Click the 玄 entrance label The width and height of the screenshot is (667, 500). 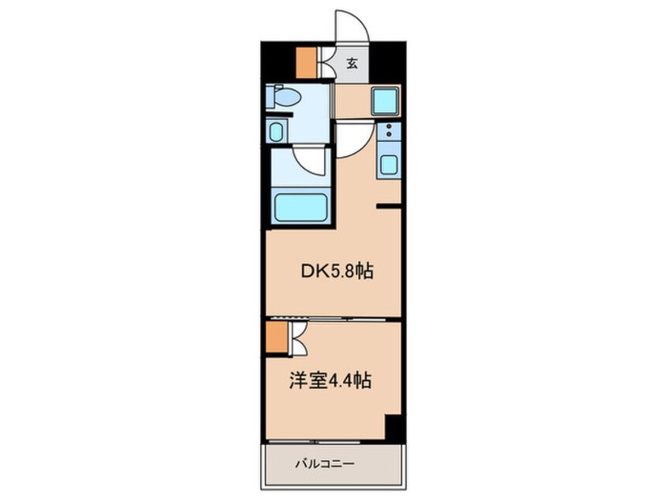(352, 63)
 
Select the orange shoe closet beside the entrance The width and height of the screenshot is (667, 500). (306, 62)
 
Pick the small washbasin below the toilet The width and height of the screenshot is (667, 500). (277, 132)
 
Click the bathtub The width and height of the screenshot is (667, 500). (300, 207)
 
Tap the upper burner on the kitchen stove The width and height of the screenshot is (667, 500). (389, 126)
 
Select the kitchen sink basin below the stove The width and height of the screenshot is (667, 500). (389, 165)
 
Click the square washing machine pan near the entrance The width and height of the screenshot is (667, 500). (385, 101)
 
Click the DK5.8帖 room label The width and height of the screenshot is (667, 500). (337, 271)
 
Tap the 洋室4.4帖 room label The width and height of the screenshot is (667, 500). (330, 380)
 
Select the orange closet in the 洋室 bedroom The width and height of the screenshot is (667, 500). (277, 337)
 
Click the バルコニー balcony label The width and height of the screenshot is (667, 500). (325, 464)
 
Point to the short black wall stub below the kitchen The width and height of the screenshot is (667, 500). (389, 207)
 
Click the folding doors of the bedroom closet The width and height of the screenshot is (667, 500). (298, 338)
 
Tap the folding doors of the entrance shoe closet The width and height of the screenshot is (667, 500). (326, 62)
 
